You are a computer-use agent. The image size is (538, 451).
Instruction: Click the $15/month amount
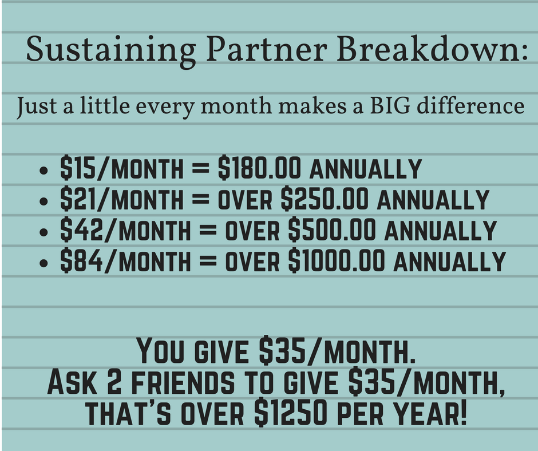122,168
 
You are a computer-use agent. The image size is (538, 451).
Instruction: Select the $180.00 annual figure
260,168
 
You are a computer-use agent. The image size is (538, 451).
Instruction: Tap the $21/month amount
122,199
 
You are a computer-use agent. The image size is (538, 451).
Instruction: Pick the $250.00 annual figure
325,199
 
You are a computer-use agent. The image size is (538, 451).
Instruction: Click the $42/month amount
125,230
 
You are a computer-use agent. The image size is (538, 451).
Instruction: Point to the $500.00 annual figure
332,230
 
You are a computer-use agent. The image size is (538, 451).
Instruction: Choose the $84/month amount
125,260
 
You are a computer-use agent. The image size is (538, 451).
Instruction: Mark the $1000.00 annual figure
337,260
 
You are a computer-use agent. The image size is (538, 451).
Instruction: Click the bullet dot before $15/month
43,170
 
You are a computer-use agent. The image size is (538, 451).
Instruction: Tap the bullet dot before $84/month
43,263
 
